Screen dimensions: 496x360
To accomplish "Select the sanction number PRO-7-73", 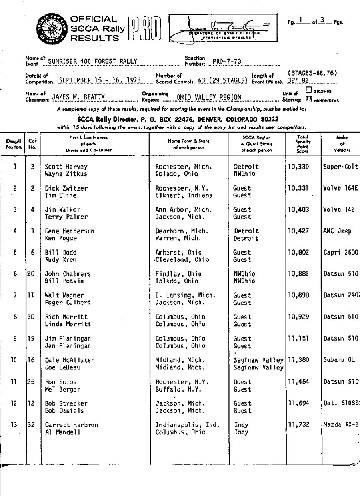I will [x=226, y=61].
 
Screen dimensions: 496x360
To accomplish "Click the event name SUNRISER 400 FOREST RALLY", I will [x=92, y=61].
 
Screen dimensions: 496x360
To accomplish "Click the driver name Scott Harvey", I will [x=66, y=167].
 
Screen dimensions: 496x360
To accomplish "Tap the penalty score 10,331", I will [x=298, y=188].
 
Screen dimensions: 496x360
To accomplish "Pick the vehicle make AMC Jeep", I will [x=337, y=231].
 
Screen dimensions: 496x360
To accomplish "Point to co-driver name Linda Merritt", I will [x=68, y=324].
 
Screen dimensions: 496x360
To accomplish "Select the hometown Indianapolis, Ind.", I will [x=185, y=425].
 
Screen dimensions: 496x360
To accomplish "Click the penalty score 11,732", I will [x=298, y=425].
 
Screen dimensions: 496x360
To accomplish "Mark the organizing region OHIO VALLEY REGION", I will [x=209, y=97].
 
